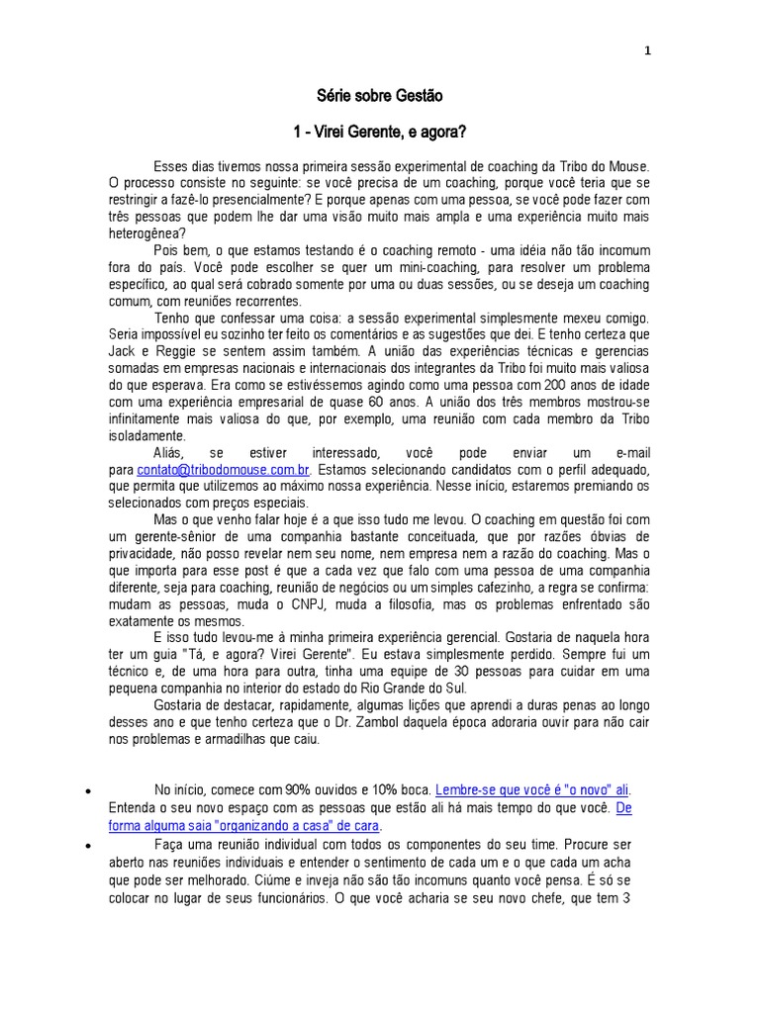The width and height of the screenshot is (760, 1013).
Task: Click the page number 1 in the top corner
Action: pyautogui.click(x=647, y=52)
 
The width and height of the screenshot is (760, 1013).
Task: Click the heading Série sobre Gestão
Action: pyautogui.click(x=379, y=97)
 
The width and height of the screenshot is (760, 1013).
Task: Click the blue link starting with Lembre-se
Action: pyautogui.click(x=532, y=789)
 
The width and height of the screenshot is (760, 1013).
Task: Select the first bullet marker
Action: pyautogui.click(x=89, y=791)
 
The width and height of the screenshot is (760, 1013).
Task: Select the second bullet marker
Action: pyautogui.click(x=89, y=846)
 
